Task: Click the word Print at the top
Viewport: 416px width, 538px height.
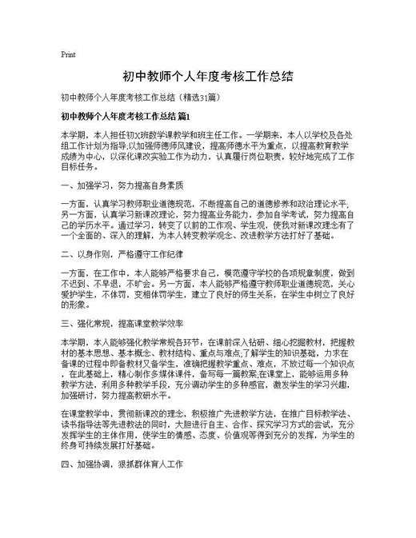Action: click(68, 55)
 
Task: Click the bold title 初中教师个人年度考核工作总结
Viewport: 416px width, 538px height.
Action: click(207, 77)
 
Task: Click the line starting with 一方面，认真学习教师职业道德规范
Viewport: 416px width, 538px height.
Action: click(207, 204)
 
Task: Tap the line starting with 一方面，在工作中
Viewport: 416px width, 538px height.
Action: click(207, 274)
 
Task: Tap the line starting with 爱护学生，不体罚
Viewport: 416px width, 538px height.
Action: click(207, 294)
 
